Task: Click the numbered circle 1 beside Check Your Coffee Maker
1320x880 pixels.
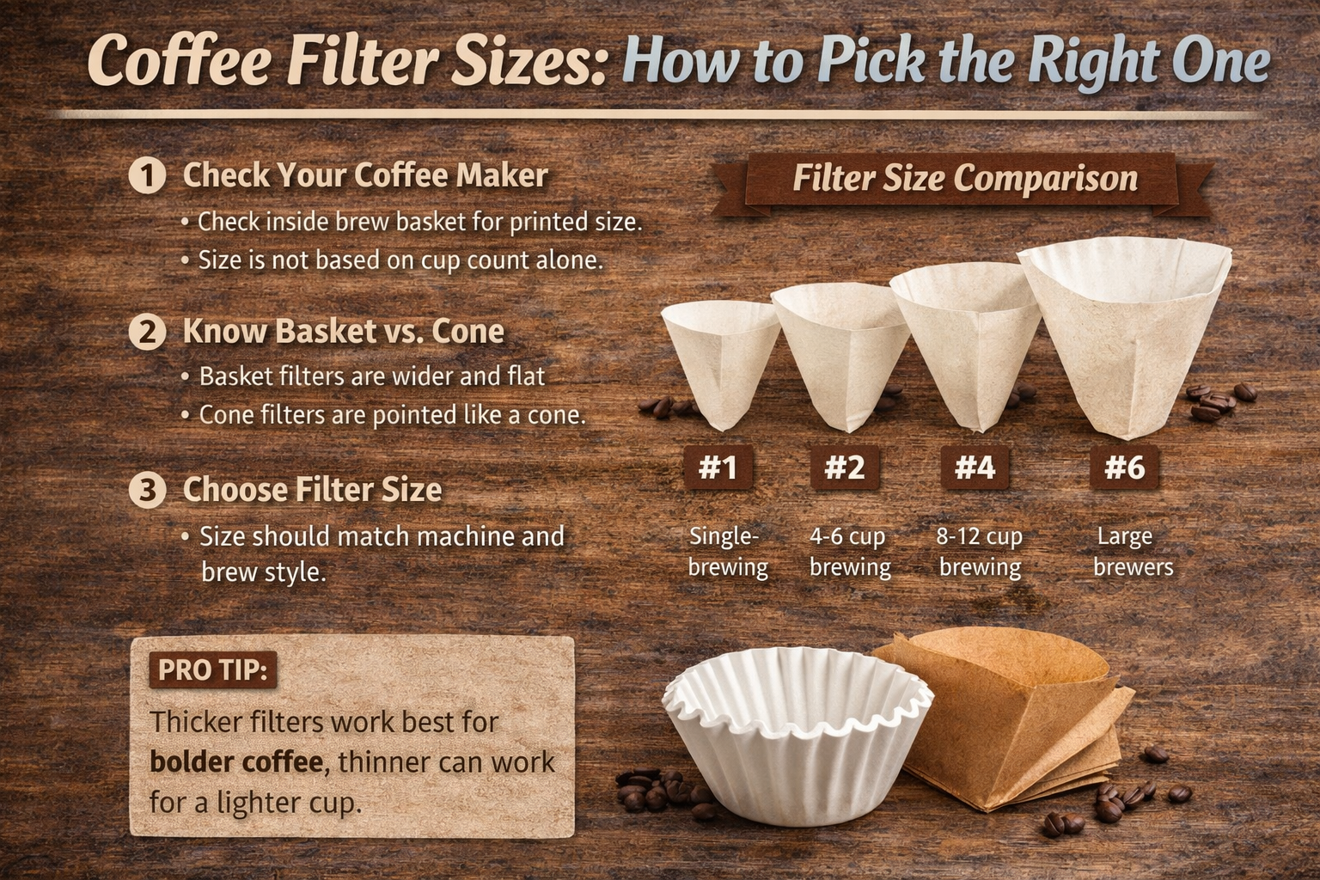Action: tap(147, 176)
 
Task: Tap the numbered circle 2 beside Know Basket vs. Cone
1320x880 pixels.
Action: tap(147, 333)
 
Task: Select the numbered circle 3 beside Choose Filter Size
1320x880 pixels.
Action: tap(147, 490)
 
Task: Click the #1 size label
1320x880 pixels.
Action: tap(718, 467)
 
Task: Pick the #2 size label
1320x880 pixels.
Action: tap(845, 467)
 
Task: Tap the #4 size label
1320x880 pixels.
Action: tap(975, 467)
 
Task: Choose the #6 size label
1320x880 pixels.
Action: tap(1124, 467)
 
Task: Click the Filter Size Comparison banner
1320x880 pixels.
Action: tap(964, 180)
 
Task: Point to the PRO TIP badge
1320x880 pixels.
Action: tap(212, 669)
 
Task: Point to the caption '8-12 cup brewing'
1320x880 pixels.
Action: tap(980, 552)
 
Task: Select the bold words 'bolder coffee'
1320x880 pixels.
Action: tap(236, 762)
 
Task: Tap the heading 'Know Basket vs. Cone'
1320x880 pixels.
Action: tap(343, 332)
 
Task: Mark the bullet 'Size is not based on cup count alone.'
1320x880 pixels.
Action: tap(400, 260)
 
